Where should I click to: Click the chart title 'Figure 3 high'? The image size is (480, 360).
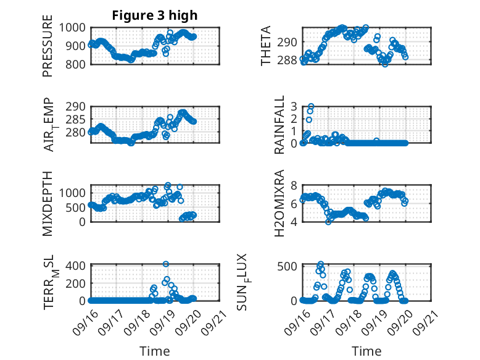point(155,15)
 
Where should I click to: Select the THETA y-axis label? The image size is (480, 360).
point(266,46)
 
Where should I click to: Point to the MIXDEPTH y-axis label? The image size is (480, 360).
point(48,203)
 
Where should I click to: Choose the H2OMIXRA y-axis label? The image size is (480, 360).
point(279,203)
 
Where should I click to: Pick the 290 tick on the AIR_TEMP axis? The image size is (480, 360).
point(79,106)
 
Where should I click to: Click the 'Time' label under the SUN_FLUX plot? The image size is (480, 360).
point(366,351)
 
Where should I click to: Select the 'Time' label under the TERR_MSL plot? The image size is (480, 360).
point(155,351)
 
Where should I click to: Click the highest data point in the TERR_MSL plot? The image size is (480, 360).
point(166,264)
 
